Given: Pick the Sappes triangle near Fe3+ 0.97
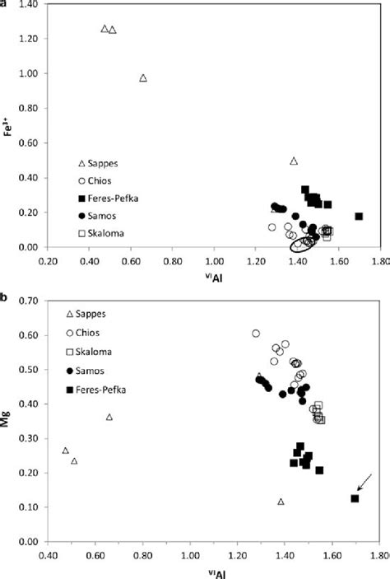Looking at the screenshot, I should (x=143, y=78).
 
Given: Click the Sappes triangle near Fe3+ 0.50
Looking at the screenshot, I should (x=294, y=161).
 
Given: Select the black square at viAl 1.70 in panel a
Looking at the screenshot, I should (x=359, y=216).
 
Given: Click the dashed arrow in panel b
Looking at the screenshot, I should (x=365, y=483).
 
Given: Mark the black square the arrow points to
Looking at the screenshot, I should (x=355, y=498).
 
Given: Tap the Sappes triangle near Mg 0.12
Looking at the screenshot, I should (x=281, y=502).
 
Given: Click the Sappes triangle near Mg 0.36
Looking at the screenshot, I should (x=109, y=418).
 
